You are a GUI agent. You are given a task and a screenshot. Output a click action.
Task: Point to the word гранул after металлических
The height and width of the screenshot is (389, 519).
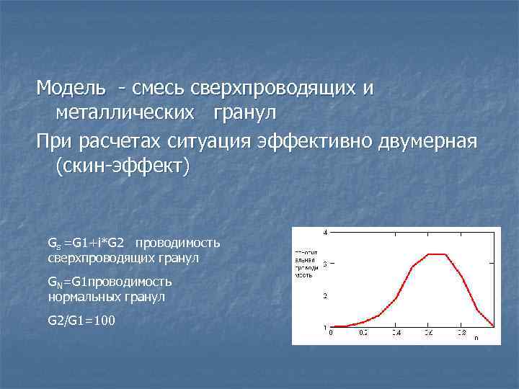pyautogui.click(x=244, y=113)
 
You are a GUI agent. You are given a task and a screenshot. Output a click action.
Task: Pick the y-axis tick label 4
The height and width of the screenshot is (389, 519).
pyautogui.click(x=325, y=233)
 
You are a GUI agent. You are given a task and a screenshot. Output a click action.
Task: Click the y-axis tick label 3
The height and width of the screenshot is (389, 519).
pyautogui.click(x=325, y=264)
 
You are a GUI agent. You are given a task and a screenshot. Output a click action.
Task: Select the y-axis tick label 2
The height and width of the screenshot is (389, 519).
pyautogui.click(x=325, y=296)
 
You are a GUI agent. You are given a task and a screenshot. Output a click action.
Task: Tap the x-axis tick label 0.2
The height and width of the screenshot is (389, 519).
pyautogui.click(x=363, y=333)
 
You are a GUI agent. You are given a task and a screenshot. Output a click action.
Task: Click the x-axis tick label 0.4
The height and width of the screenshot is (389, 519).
pyautogui.click(x=396, y=333)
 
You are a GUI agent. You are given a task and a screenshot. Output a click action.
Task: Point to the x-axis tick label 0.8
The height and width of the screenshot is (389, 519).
pyautogui.click(x=461, y=333)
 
